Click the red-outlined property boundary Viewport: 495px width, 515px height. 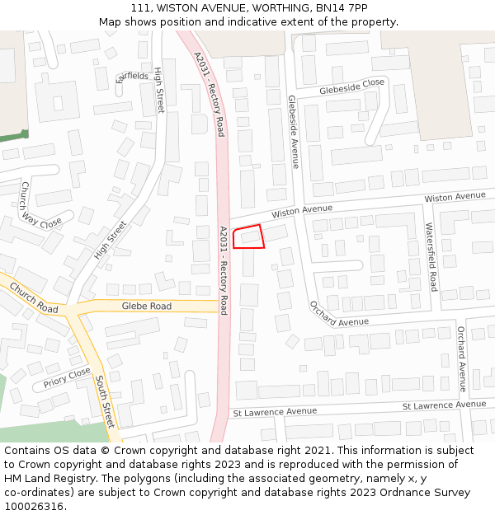(x=248, y=236)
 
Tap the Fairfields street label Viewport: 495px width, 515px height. (x=132, y=77)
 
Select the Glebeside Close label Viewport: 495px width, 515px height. (x=352, y=84)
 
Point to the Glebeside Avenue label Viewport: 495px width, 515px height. (x=293, y=131)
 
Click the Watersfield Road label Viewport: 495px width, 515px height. (x=431, y=256)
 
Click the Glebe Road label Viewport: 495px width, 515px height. (x=147, y=306)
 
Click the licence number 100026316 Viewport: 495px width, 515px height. (x=34, y=506)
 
